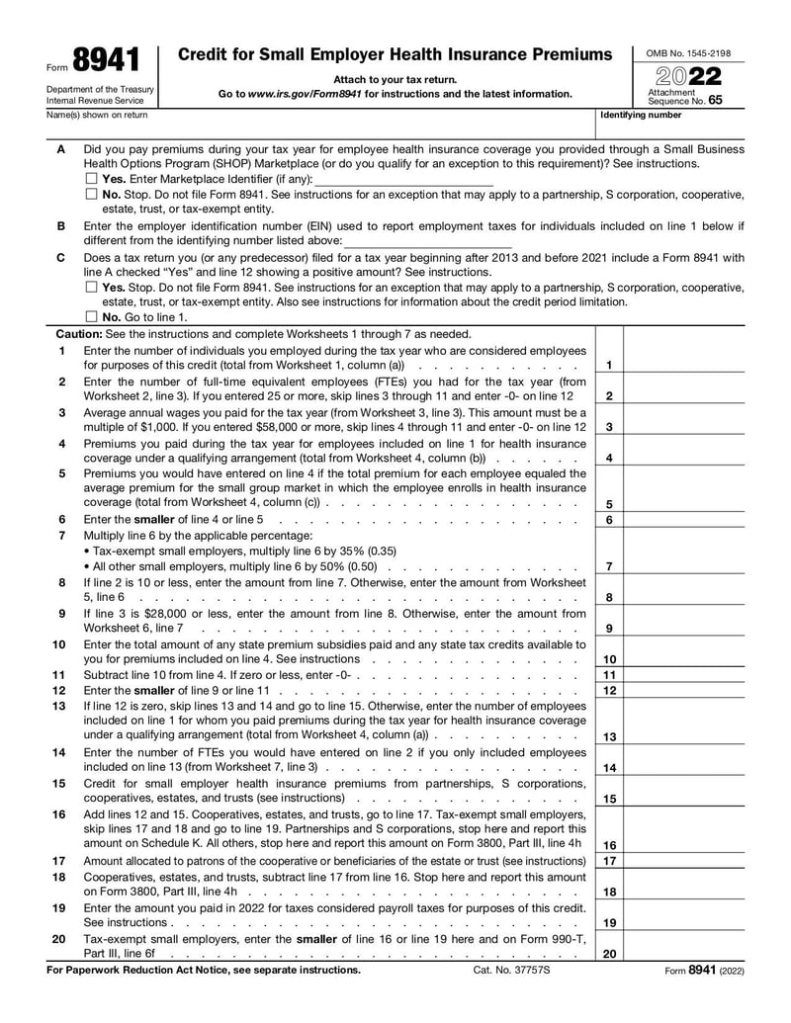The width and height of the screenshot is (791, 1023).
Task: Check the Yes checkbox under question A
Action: (91, 179)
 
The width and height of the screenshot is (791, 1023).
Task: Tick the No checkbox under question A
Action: (91, 195)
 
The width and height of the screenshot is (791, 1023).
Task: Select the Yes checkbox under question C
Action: (91, 288)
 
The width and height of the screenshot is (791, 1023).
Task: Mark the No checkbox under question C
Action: (91, 317)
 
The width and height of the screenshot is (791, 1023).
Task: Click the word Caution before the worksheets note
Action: (75, 334)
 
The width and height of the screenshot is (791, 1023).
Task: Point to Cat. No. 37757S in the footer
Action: (511, 971)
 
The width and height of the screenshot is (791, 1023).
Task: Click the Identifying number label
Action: (641, 115)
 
